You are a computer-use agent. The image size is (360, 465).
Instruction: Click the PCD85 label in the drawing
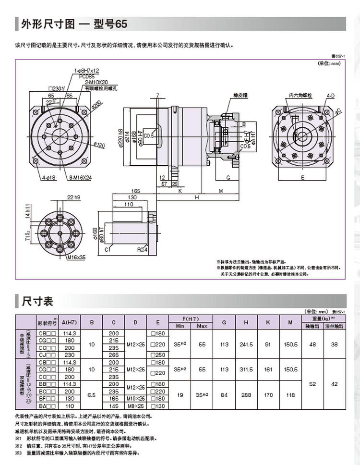[x=86, y=76]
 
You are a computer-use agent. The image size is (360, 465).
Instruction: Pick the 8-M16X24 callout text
[x=80, y=177]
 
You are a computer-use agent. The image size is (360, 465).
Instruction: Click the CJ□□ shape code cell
[x=47, y=355]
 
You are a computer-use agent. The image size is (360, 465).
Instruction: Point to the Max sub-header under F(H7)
[x=202, y=326]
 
